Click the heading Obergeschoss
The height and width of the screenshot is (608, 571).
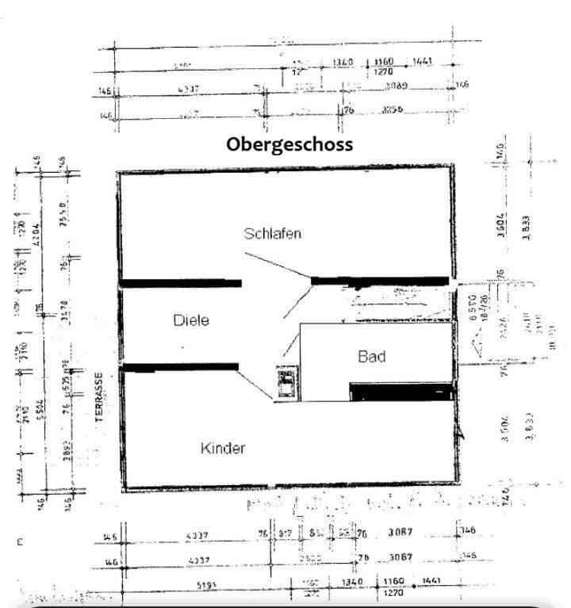(x=289, y=145)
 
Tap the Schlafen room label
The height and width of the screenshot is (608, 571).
(x=273, y=233)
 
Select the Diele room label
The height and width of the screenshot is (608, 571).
(x=190, y=320)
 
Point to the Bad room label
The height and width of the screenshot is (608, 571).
(x=372, y=357)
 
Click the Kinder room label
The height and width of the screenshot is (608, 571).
(x=223, y=448)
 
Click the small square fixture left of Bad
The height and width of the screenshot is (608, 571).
(x=285, y=383)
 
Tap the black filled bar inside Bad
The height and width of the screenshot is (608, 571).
(x=400, y=392)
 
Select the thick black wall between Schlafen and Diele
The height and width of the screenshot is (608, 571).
(x=181, y=283)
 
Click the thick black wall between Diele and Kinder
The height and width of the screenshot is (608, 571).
(x=181, y=366)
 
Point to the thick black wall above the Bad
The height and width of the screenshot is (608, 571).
(x=379, y=281)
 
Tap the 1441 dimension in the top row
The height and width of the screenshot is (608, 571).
(x=422, y=62)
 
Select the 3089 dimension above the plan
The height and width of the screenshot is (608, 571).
(x=397, y=86)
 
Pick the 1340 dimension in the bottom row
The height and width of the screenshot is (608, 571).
(x=352, y=582)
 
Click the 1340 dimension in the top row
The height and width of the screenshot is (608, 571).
(x=343, y=62)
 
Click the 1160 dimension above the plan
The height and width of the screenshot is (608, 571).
(x=385, y=62)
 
